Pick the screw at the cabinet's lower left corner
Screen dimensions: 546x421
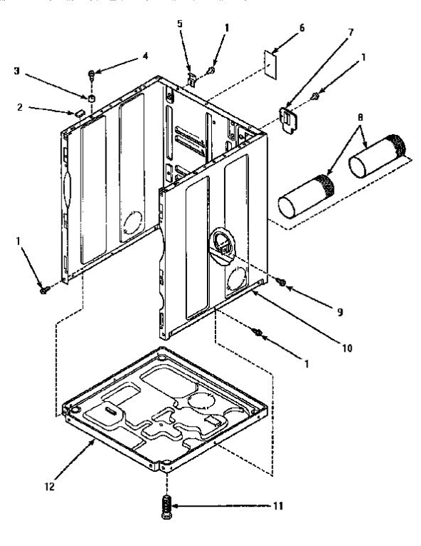pyautogui.click(x=45, y=290)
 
